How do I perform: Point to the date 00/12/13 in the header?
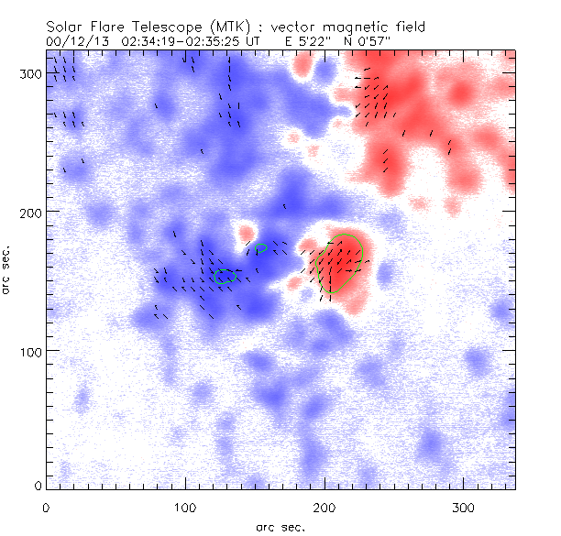(71, 40)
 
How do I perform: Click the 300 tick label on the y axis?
(29, 72)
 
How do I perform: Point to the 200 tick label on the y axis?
(29, 212)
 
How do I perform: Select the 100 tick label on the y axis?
(29, 351)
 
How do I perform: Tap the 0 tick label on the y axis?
(37, 485)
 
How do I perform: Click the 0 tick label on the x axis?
(46, 507)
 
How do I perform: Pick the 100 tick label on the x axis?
(185, 507)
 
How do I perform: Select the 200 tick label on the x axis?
(324, 507)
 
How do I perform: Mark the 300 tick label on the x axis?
(464, 507)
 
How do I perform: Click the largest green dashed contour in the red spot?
(338, 264)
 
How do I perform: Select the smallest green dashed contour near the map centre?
(261, 247)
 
